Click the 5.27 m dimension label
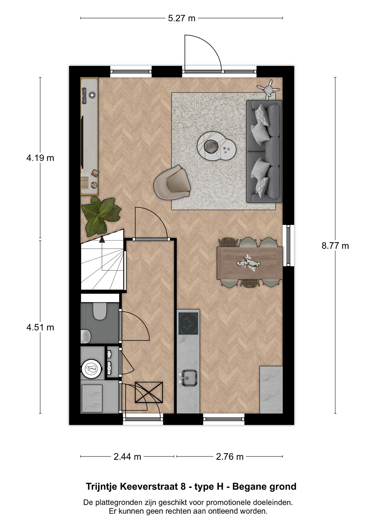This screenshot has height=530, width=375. [x=181, y=18]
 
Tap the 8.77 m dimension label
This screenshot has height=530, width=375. [x=335, y=245]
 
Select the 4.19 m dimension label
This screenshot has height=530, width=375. [x=40, y=158]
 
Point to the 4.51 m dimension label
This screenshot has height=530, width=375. [x=40, y=327]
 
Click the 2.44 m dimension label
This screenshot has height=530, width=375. [x=127, y=457]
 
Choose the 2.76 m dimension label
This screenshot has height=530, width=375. [x=230, y=457]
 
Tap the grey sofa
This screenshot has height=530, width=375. [x=264, y=152]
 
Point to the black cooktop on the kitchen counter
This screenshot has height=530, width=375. [x=188, y=323]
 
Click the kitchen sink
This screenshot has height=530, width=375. [x=189, y=378]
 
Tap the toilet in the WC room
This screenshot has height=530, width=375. [x=100, y=311]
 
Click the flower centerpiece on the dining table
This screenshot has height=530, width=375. [x=249, y=262]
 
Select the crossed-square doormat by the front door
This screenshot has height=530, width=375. [x=149, y=392]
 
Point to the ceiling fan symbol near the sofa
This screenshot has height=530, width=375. [x=268, y=89]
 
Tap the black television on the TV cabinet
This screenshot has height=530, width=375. [x=82, y=142]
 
